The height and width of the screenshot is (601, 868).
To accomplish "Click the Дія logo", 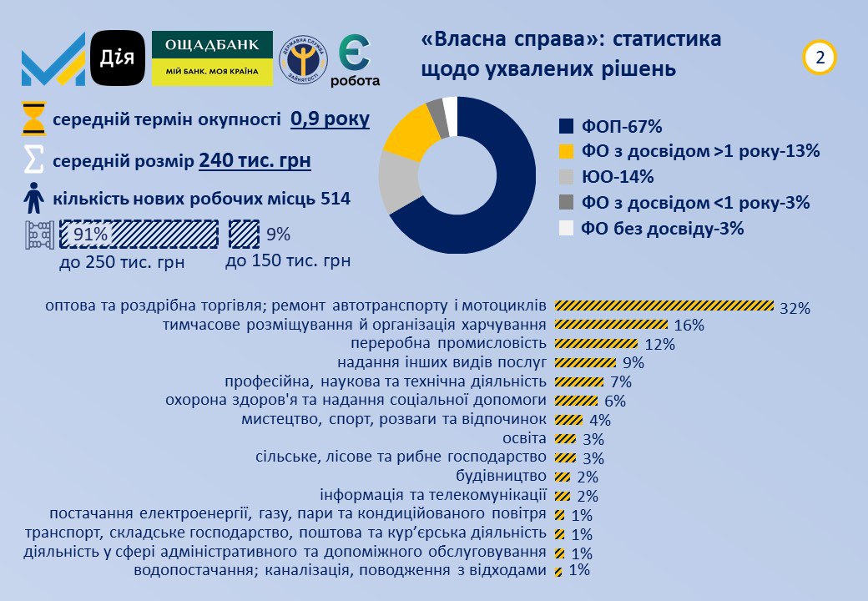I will (118, 58).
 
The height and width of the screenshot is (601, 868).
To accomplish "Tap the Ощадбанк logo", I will (212, 58).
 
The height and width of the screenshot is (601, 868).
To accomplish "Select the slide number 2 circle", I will (820, 58).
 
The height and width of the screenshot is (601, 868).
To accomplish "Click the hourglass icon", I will (33, 119).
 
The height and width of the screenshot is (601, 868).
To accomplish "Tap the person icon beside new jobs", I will (33, 199).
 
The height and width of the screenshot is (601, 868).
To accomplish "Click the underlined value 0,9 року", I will (330, 119).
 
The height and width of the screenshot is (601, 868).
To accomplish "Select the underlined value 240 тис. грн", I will (255, 160).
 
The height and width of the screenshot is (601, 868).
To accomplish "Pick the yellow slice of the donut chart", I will (409, 134).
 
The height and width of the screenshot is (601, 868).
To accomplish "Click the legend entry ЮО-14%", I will (606, 177).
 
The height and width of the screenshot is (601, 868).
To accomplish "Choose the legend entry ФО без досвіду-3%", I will (651, 229).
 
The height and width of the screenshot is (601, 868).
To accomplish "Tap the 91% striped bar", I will (139, 235).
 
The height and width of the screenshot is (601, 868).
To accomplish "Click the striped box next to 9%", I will (243, 235).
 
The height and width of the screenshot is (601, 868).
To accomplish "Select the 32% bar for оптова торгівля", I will (664, 306).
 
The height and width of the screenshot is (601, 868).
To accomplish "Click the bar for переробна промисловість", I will (596, 343).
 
